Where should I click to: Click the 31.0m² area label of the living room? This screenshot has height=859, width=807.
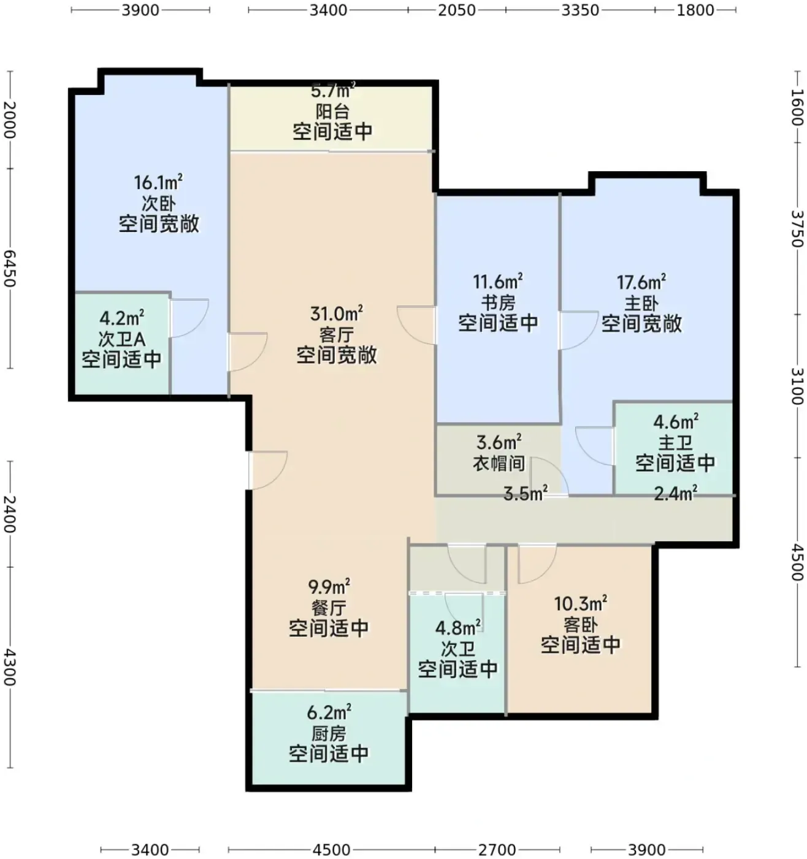336,314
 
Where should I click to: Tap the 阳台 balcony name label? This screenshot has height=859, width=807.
332,112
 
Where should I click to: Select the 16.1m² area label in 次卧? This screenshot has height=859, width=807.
158,182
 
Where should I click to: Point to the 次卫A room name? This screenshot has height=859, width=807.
121,339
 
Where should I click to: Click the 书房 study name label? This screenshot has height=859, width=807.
498,302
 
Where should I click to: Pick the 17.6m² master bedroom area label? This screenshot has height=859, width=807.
641,282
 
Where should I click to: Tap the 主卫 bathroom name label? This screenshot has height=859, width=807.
675,442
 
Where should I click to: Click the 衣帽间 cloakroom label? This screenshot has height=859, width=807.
499,463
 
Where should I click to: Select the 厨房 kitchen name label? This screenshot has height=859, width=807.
329,734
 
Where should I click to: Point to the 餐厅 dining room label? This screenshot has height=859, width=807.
329,608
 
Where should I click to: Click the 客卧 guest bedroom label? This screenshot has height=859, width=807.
580,625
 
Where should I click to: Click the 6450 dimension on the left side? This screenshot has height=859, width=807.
10,268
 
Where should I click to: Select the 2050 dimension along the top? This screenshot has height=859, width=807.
457,10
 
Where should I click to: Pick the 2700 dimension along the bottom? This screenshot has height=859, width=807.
497,850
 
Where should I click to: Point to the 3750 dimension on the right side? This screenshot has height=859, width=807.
797,228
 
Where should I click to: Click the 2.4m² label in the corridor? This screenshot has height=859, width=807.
675,493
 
